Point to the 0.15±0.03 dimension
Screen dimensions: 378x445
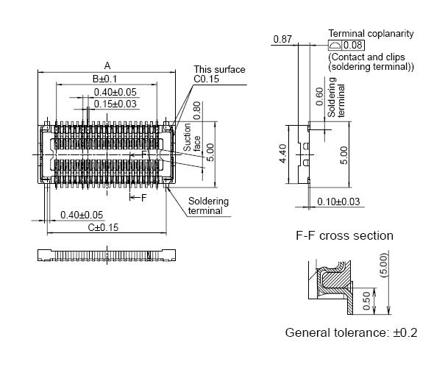click(115, 104)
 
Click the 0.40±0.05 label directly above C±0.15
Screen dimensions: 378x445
click(82, 215)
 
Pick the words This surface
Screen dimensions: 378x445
click(219, 70)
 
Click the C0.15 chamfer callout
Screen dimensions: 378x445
click(207, 79)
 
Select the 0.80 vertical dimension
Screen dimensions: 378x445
click(196, 110)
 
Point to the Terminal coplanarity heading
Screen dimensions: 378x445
click(371, 34)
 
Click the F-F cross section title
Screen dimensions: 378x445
click(344, 235)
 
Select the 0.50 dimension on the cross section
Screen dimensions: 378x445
click(367, 300)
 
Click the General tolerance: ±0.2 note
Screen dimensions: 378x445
click(351, 332)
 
